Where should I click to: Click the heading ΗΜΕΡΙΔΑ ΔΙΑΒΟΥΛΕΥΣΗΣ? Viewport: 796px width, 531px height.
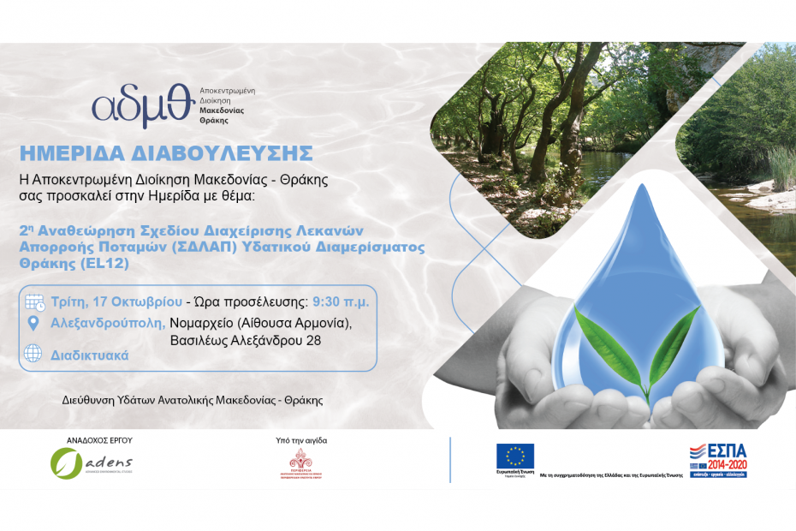(x=166, y=153)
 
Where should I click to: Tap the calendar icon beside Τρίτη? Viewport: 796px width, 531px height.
(x=34, y=302)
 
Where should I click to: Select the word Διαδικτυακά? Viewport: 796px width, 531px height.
(x=89, y=355)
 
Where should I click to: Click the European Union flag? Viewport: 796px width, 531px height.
(x=514, y=456)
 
